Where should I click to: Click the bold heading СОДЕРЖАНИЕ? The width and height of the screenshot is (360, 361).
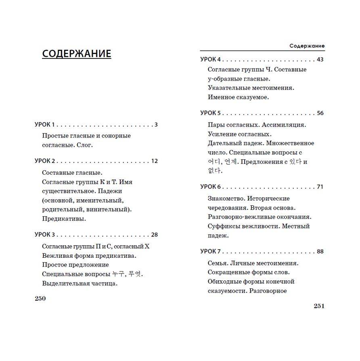pos(76,54)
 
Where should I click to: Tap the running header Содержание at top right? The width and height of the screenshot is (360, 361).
pos(307,46)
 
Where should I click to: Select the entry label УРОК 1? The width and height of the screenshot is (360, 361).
pos(45,125)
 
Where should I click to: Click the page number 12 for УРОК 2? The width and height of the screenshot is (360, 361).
pos(154,161)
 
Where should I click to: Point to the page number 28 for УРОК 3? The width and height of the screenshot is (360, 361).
pos(154,235)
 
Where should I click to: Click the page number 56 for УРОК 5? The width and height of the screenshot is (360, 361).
pos(320,113)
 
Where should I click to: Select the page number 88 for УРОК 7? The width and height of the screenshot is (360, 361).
pos(320,251)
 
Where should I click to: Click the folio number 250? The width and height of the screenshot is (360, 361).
pos(40,298)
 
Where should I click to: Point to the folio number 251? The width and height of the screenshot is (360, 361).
pos(319,306)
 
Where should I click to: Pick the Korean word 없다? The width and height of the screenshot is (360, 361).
pos(215,171)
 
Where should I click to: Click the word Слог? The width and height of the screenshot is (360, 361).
pos(84,145)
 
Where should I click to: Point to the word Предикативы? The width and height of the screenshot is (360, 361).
pos(64,219)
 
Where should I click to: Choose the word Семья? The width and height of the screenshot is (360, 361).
pos(218,263)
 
